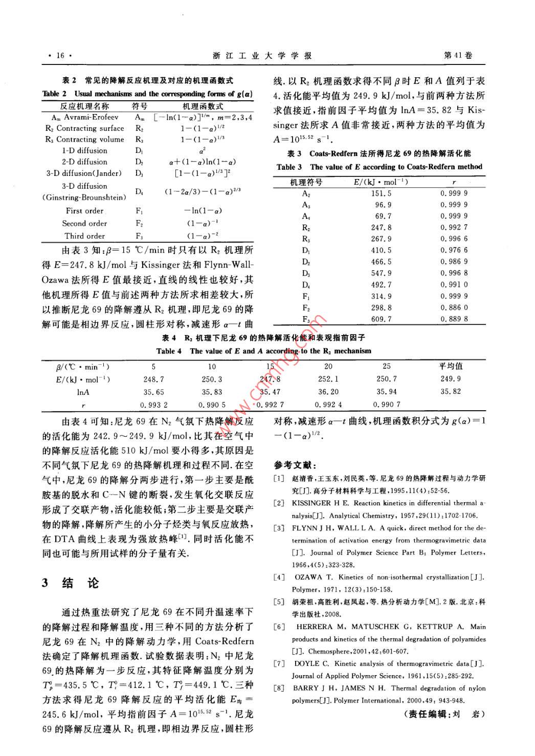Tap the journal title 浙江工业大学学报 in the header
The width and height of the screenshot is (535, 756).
262,56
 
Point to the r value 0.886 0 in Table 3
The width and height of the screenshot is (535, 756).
454,308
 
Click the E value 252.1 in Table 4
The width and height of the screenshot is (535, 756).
328,380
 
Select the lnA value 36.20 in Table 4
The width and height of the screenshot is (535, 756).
328,392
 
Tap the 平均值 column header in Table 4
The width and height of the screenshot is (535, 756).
451,366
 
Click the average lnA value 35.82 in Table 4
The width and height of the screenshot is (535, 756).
451,392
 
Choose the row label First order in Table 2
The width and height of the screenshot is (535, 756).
85,211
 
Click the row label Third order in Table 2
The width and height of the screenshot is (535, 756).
85,236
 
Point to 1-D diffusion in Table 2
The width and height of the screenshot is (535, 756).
85,151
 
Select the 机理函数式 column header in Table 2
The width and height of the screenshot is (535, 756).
203,106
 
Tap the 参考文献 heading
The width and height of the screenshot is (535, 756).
295,465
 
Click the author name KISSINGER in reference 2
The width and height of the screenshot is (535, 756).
311,503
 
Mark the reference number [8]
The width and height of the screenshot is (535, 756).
279,688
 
